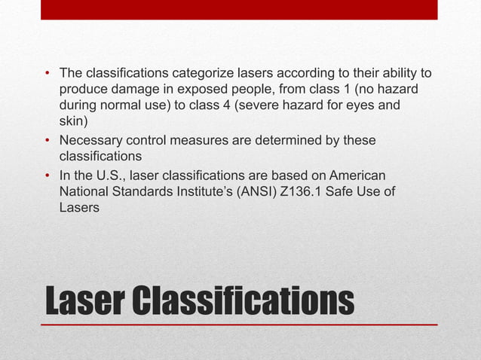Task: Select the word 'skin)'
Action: coord(73,121)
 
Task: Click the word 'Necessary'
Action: coord(93,141)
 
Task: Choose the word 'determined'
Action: coord(294,141)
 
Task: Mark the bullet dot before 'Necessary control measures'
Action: coord(47,141)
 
